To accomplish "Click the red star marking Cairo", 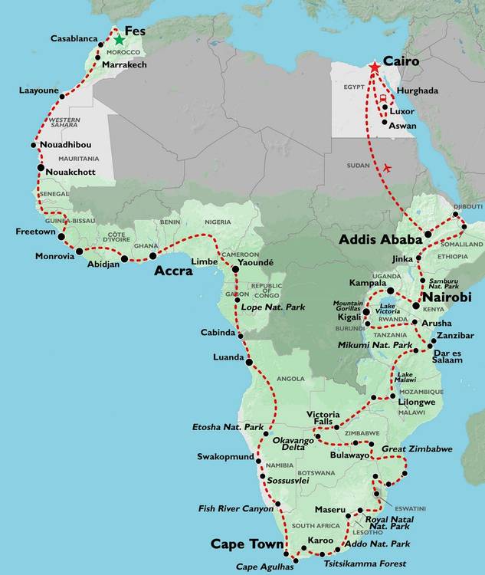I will pos(374,68).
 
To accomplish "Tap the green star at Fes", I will pos(119,40).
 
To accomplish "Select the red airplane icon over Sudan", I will pos(386,167).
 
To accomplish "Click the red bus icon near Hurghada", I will pos(382,97).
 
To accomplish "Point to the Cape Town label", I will pos(246,544).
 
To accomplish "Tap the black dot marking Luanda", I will pos(249,360).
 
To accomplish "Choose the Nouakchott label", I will pos(70,172).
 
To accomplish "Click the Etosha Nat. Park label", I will pos(228,426).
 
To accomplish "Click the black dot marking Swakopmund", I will pos(259,462).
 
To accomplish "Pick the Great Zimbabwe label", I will pos(417,449).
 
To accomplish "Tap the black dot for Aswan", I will pos(384,121).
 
